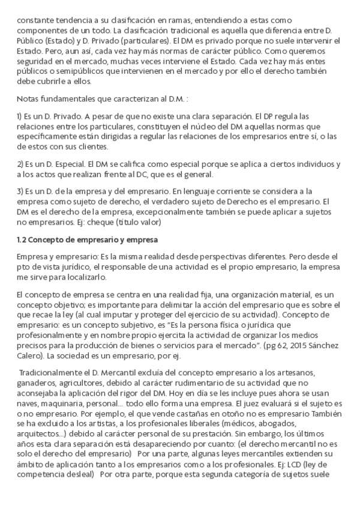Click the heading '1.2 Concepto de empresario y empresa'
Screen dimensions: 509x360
87,241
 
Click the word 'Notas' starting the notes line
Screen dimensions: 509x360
28,98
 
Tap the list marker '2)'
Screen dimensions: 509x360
20,164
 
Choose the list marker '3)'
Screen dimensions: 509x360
20,191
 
